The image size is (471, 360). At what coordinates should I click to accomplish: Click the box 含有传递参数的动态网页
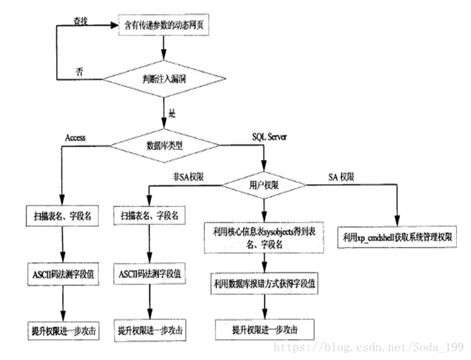pos(164,27)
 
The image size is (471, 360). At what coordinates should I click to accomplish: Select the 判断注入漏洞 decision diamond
pos(164,79)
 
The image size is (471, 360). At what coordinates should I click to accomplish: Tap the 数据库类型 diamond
pos(164,145)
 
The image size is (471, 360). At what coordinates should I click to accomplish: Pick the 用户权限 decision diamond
pos(263,185)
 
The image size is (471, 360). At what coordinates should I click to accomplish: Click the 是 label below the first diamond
pos(171,114)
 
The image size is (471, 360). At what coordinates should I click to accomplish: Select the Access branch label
pos(76,137)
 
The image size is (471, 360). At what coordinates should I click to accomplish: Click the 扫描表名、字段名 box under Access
pos(62,216)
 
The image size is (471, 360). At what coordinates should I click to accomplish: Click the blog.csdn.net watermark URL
pos(368,348)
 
